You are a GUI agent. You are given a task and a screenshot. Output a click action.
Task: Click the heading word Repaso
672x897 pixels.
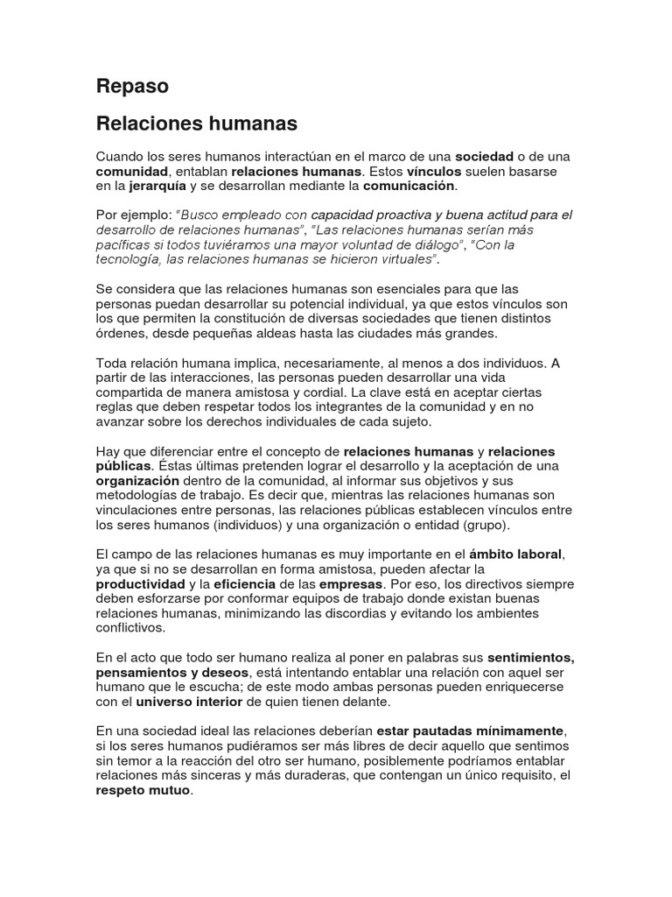coord(131,87)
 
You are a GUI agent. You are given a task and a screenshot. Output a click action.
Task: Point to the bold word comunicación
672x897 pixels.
coord(409,186)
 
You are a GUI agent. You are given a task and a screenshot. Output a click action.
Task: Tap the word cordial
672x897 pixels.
coord(326,392)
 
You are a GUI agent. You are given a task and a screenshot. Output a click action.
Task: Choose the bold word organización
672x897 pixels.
coord(137,481)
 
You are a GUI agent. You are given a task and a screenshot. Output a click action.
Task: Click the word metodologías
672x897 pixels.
coord(140,496)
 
